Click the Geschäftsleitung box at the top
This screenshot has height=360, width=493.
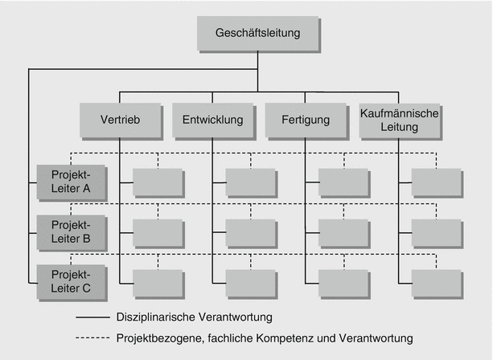pyautogui.click(x=257, y=34)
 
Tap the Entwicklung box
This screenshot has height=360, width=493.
pyautogui.click(x=212, y=121)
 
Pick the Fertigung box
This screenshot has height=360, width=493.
pyautogui.click(x=306, y=121)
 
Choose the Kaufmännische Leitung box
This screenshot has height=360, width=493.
pyautogui.click(x=400, y=121)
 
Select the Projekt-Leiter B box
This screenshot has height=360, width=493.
pyautogui.click(x=64, y=232)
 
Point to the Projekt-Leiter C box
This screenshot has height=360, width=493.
pyautogui.click(x=64, y=283)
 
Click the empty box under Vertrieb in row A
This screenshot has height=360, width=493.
pyautogui.click(x=158, y=182)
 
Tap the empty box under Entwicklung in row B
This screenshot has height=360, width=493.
pyautogui.click(x=251, y=233)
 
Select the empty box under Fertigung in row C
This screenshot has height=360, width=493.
pyautogui.click(x=344, y=284)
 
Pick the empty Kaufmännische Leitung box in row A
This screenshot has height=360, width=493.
pyautogui.click(x=437, y=182)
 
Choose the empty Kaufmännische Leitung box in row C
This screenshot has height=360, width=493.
pyautogui.click(x=437, y=284)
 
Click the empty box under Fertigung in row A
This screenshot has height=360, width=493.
pyautogui.click(x=344, y=182)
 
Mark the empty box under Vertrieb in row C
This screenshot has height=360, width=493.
pyautogui.click(x=158, y=284)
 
